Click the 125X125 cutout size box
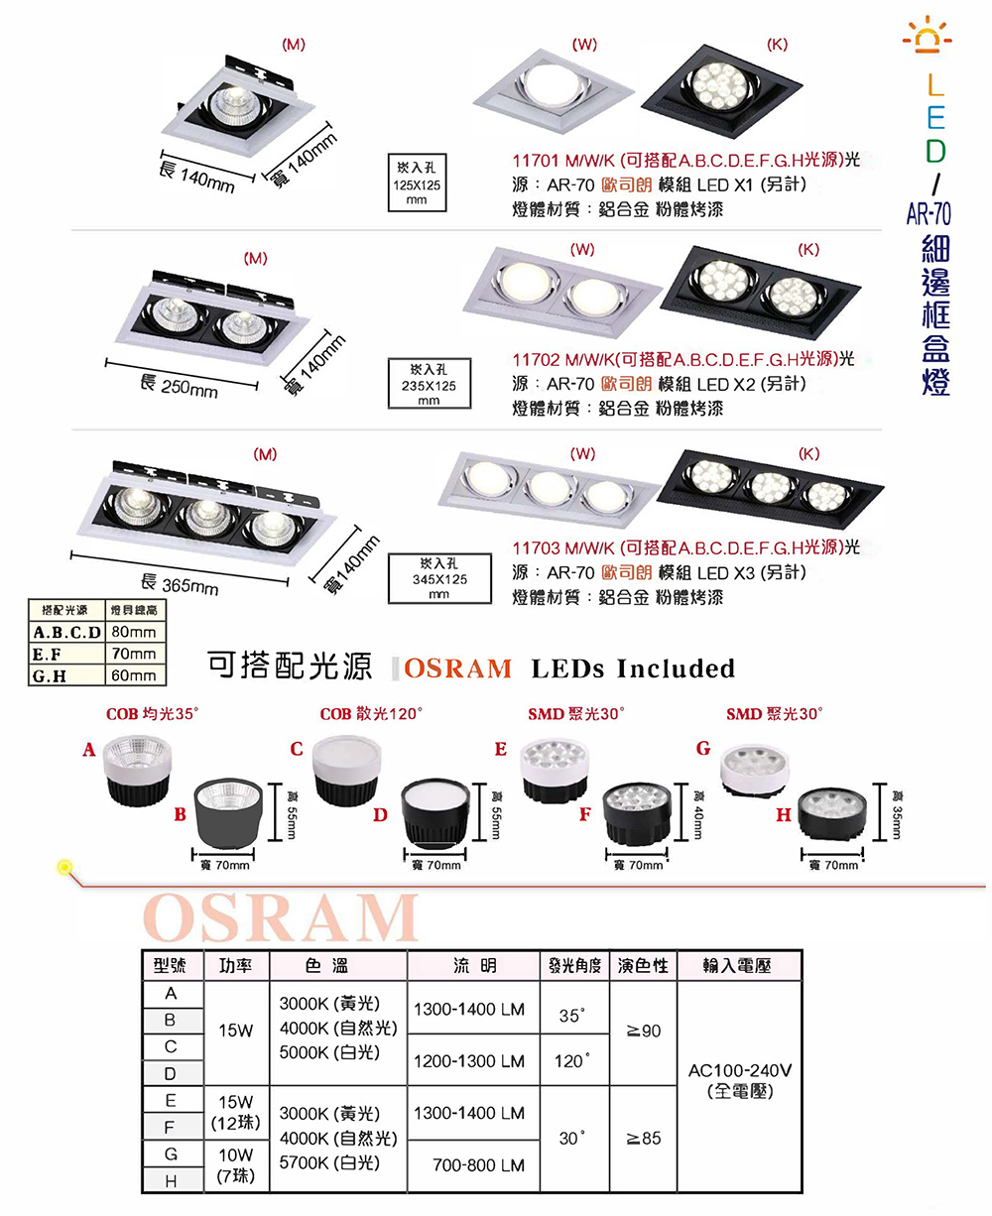[417, 182]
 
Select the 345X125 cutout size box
[439, 578]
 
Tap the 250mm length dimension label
[179, 386]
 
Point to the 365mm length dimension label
[180, 583]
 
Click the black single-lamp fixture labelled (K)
[721, 91]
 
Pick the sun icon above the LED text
[928, 34]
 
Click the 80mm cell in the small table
[135, 632]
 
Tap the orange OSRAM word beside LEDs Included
[457, 669]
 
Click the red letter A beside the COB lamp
[89, 750]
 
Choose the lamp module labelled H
[831, 813]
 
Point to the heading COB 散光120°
[371, 714]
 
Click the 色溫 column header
[326, 965]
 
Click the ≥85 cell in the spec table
[643, 1139]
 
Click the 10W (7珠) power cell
[236, 1165]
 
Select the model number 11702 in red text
[536, 360]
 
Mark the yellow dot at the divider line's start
[65, 867]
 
